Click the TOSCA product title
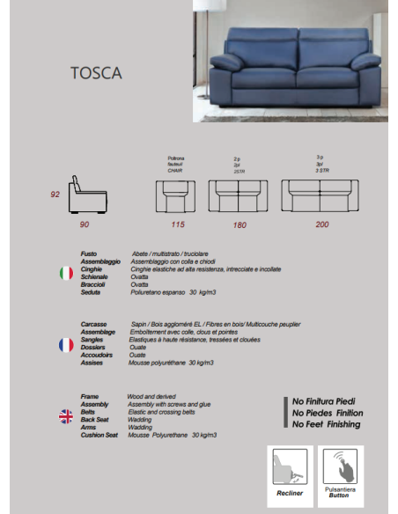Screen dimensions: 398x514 pyautogui.click(x=95, y=73)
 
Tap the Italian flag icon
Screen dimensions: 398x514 pyautogui.click(x=65, y=274)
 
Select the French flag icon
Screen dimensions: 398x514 pyautogui.click(x=65, y=344)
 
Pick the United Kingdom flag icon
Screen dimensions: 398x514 pyautogui.click(x=65, y=416)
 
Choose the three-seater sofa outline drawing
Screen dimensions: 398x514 pyautogui.click(x=320, y=195)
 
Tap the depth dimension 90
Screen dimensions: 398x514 pyautogui.click(x=85, y=225)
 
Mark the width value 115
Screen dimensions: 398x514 pyautogui.click(x=178, y=225)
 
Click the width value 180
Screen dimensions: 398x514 pyautogui.click(x=239, y=225)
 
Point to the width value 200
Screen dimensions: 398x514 pyautogui.click(x=321, y=225)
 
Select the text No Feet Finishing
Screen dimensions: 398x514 pyautogui.click(x=327, y=423)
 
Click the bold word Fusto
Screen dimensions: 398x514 pyautogui.click(x=89, y=252)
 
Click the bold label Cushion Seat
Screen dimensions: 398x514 pyautogui.click(x=99, y=435)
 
